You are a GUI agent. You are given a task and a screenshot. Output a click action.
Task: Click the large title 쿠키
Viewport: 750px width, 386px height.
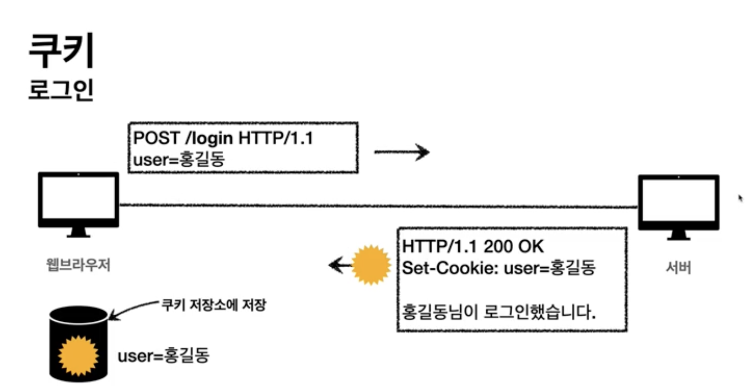coord(61,51)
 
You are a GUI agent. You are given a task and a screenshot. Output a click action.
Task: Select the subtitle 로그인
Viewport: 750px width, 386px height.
coord(61,90)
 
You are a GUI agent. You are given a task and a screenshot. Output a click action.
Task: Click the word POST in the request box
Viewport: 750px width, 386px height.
coord(156,138)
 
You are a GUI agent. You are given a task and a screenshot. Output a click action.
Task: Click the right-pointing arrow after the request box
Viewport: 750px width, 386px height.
coord(402,152)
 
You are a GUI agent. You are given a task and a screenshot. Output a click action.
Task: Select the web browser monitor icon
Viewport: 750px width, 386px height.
coord(79,204)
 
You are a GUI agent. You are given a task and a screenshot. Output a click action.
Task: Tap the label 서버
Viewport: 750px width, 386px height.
coord(678,268)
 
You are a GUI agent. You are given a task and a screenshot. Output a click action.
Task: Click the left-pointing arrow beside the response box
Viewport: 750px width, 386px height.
coord(339,266)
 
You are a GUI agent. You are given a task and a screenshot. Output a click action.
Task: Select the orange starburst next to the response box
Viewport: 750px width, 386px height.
coord(371,265)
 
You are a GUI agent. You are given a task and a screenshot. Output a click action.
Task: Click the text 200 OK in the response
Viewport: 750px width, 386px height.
coord(513,247)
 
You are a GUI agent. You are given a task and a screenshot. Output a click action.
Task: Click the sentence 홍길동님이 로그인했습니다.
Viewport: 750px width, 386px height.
coord(499,312)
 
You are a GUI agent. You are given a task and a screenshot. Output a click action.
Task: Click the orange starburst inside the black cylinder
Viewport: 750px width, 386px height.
coord(78,356)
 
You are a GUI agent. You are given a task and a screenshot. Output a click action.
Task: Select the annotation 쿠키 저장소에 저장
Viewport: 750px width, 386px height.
coord(214,305)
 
